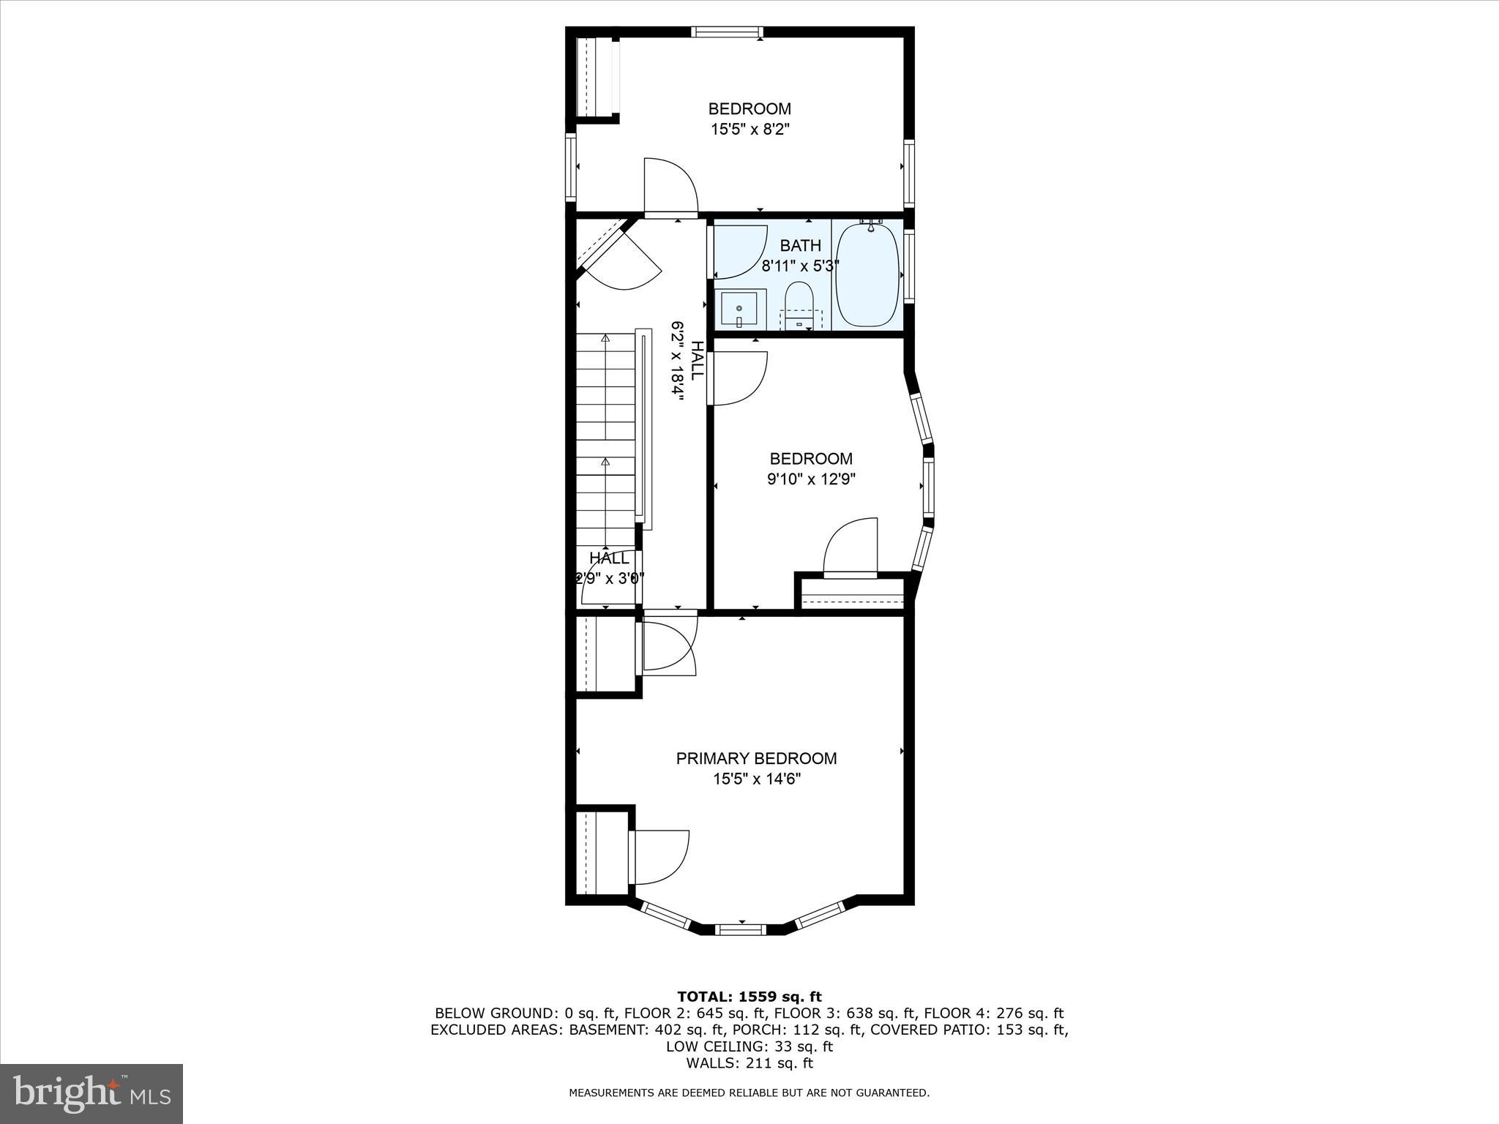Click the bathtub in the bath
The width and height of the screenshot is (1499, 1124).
[867, 275]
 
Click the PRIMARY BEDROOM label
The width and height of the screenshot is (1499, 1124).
[756, 759]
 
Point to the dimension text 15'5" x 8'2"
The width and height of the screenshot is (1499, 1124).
[750, 130]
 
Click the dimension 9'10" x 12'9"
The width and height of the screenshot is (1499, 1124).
[811, 479]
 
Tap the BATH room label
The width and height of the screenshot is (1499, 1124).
[800, 245]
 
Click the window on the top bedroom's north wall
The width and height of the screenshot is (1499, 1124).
[728, 32]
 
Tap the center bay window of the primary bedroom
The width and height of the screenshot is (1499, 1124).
[740, 929]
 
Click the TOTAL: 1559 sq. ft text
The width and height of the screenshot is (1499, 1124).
[749, 997]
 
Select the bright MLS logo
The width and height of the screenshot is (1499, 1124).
[91, 1093]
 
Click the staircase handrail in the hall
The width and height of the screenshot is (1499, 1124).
[644, 428]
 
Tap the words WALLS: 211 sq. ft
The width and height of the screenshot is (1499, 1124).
[749, 1063]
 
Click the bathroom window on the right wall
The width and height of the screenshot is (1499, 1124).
[909, 266]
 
